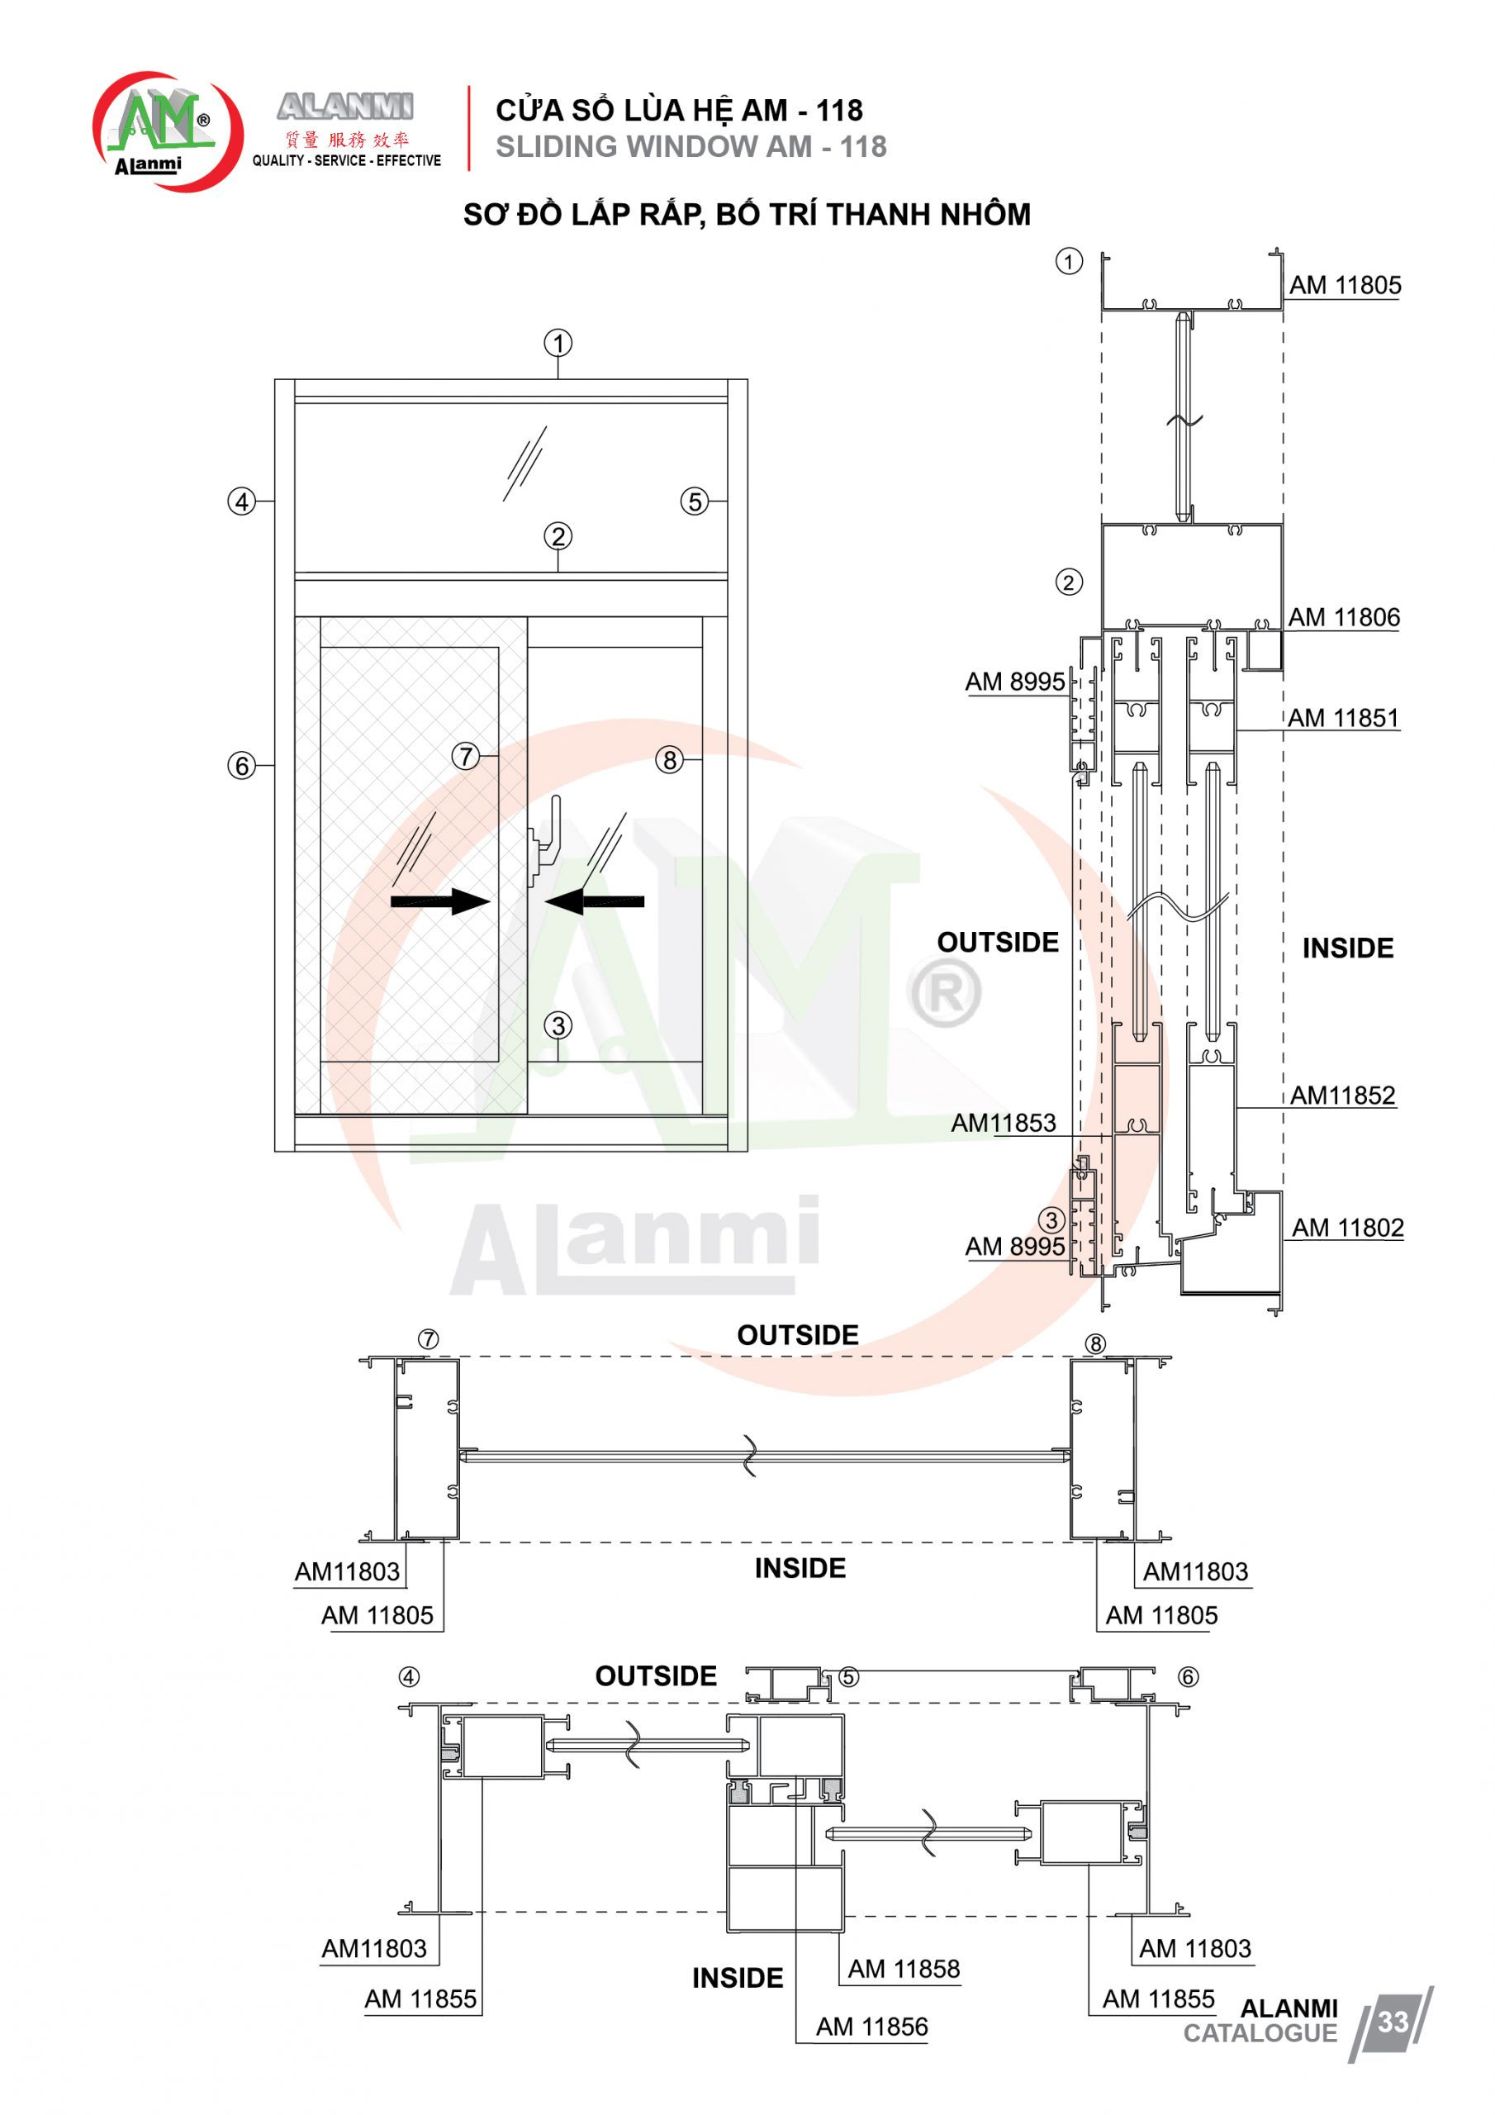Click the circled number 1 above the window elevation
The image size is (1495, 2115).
558,344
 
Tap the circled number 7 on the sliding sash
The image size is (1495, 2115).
466,756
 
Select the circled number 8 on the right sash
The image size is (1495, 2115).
670,760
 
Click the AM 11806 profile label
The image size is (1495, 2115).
1344,617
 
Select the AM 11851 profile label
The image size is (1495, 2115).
1343,718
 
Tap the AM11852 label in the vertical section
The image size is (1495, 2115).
1342,1096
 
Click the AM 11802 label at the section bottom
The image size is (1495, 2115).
1348,1228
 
